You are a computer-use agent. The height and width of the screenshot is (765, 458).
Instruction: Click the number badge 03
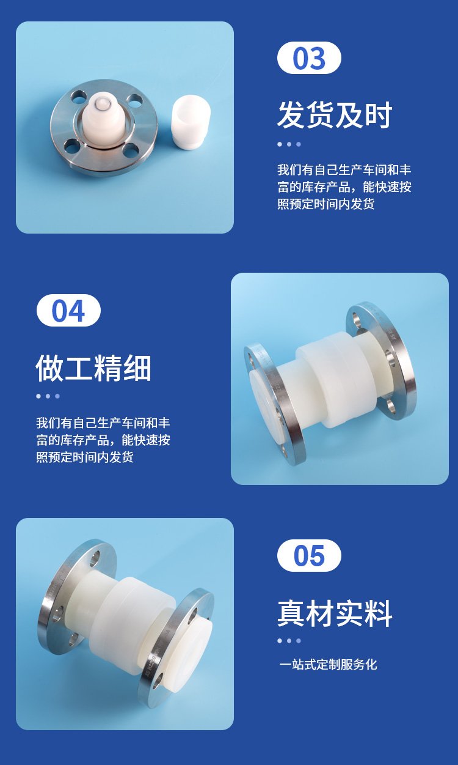tap(309, 57)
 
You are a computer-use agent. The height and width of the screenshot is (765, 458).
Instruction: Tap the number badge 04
tap(68, 310)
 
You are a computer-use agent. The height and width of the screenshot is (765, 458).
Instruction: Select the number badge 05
tap(309, 556)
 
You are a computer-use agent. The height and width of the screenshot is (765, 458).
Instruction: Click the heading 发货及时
tap(335, 115)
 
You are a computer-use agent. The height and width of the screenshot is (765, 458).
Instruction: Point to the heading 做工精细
tap(93, 368)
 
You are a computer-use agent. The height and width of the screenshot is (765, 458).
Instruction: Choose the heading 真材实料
tap(335, 614)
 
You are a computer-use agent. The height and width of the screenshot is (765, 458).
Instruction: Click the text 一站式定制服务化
tap(328, 664)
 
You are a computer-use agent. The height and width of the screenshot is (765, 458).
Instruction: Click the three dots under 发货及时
tap(289, 144)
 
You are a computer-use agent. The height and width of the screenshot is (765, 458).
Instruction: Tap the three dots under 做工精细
tap(48, 396)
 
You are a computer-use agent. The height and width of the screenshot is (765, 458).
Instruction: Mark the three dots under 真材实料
tap(289, 641)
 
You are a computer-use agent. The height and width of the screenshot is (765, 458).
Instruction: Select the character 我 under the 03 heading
tap(283, 170)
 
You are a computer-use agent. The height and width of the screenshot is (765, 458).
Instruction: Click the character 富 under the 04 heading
tap(42, 440)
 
